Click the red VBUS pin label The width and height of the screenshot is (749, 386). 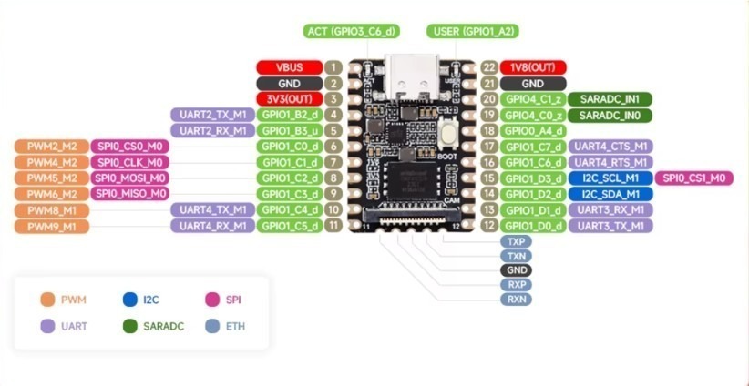pos(287,66)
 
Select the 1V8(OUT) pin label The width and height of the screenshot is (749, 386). pos(533,66)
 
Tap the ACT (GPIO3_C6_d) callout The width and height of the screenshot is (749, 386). pos(351,31)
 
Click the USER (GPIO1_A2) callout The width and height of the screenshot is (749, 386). pos(473,31)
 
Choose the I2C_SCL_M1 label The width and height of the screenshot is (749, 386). pos(609,178)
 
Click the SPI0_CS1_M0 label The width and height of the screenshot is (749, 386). pos(693,178)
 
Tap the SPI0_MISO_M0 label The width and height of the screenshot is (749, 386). pos(130,194)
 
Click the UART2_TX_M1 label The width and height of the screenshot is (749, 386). pos(210,115)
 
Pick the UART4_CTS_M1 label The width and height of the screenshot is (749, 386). pos(609,146)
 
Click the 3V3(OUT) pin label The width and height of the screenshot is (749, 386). pos(287,98)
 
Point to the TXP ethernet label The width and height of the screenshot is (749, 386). pos(517,242)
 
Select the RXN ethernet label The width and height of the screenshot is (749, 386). pos(517,299)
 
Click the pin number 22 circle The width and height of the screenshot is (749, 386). pos(489,66)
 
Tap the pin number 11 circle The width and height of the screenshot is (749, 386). pos(334,225)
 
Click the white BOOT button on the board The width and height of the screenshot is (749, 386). pos(447,133)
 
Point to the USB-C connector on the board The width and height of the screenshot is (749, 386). pos(412,73)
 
